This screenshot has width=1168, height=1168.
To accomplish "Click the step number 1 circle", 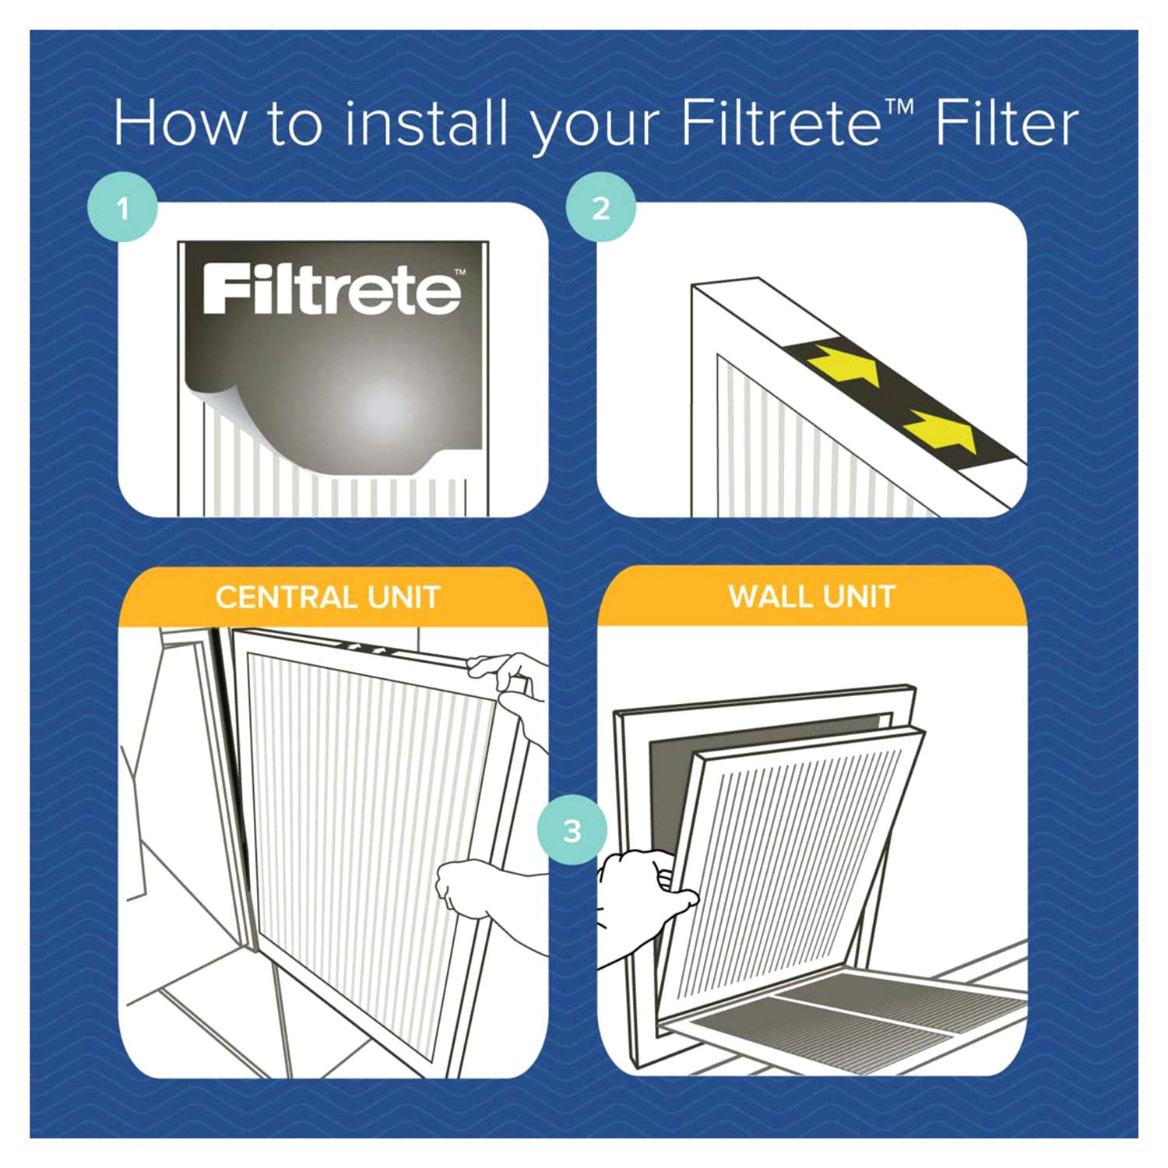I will click(x=122, y=208).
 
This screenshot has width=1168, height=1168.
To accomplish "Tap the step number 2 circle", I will click(x=600, y=208).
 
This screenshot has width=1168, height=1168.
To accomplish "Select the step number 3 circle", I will click(x=572, y=830).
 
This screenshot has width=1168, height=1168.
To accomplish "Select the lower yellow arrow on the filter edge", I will click(x=938, y=433).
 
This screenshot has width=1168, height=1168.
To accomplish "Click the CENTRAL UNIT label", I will click(x=328, y=597).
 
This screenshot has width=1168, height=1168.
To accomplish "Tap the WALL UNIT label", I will click(x=812, y=596).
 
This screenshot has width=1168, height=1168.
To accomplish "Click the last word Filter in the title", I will click(x=1006, y=123).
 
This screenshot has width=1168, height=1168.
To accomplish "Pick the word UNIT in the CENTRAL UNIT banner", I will click(x=403, y=597).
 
